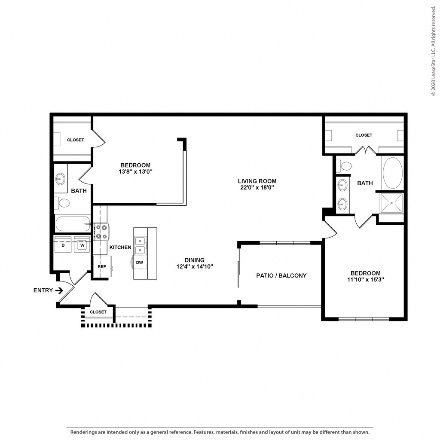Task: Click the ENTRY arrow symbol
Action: pyautogui.click(x=59, y=290)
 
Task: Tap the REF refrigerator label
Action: pyautogui.click(x=102, y=266)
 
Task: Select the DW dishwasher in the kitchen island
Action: pyautogui.click(x=140, y=263)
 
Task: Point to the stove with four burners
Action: pyautogui.click(x=101, y=232)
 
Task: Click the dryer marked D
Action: pyautogui.click(x=63, y=245)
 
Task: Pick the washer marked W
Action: pyautogui.click(x=82, y=245)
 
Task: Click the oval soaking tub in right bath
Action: pyautogui.click(x=393, y=173)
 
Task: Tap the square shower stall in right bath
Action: pyautogui.click(x=391, y=203)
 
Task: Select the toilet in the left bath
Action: pyautogui.click(x=62, y=203)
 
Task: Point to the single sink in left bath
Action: pyautogui.click(x=60, y=178)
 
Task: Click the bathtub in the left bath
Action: pyautogui.click(x=73, y=224)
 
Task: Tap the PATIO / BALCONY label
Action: pyautogui.click(x=281, y=275)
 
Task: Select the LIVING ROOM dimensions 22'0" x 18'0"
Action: pyautogui.click(x=257, y=187)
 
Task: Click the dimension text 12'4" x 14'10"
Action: pyautogui.click(x=195, y=266)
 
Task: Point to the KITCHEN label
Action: pyautogui.click(x=120, y=247)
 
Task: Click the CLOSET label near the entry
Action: pyautogui.click(x=98, y=312)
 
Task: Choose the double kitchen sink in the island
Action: pyautogui.click(x=140, y=245)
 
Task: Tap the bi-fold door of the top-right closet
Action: pyautogui.click(x=365, y=150)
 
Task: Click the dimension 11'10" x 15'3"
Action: pyautogui.click(x=365, y=279)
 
